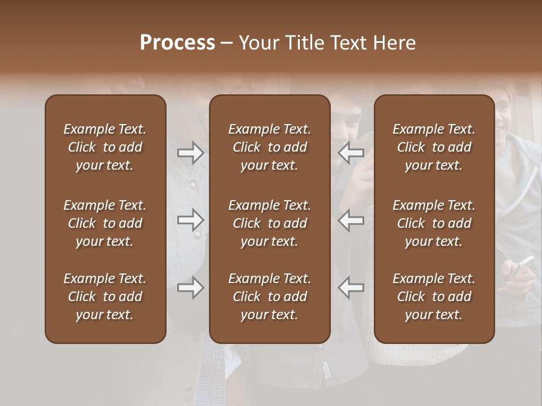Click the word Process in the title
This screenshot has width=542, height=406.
point(177,43)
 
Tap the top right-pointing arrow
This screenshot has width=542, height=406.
point(190,153)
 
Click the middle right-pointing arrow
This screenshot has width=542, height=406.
point(190,220)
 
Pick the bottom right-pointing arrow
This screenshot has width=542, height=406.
point(190,288)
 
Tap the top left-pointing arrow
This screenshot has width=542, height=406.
point(351,153)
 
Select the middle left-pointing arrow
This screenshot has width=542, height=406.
point(351,220)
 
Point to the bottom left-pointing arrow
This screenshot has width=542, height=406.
point(351,288)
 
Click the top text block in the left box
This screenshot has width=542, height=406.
point(105,147)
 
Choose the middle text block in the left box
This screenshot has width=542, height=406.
point(105,223)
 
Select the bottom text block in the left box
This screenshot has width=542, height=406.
point(105,297)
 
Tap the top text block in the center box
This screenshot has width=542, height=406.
point(269,147)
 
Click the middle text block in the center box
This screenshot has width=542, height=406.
point(269,223)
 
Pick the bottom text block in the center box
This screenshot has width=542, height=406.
point(269,297)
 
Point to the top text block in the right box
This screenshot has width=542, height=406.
point(434,147)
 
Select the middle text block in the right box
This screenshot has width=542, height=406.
point(434,223)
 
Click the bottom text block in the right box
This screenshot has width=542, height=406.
point(434,297)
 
